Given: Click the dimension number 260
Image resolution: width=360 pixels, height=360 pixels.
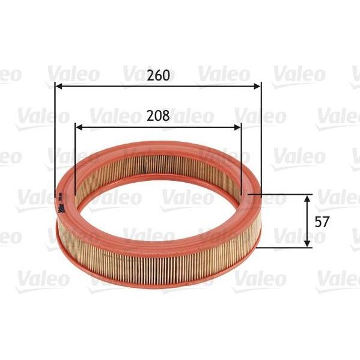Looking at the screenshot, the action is pyautogui.click(x=158, y=75).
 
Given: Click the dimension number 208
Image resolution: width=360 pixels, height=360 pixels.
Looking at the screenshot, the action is pyautogui.click(x=158, y=116).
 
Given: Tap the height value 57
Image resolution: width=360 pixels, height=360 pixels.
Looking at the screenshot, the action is pyautogui.click(x=322, y=222).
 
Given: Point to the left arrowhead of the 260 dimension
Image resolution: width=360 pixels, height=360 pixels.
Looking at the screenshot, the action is pyautogui.click(x=59, y=87).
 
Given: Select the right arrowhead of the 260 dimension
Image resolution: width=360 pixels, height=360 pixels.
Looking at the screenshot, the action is pyautogui.click(x=257, y=87).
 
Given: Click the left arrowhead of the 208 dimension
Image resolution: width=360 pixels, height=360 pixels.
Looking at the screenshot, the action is pyautogui.click(x=79, y=127).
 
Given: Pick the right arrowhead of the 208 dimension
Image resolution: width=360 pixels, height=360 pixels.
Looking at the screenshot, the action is pyautogui.click(x=237, y=127).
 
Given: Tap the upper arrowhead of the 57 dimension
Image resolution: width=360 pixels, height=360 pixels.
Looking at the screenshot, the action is pyautogui.click(x=307, y=198).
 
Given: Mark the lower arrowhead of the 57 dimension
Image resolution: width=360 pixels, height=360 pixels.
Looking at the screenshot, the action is pyautogui.click(x=307, y=243).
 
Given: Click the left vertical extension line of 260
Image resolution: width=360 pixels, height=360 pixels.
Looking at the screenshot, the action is pyautogui.click(x=55, y=139).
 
